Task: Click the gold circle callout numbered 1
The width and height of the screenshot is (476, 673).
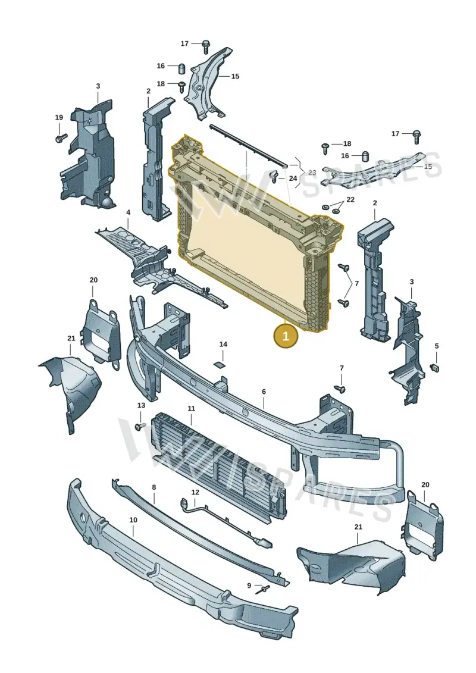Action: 286,335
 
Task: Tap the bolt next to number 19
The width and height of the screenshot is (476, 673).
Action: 61,138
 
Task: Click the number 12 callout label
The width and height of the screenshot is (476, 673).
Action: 195,492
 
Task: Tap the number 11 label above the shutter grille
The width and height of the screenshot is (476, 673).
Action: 191,409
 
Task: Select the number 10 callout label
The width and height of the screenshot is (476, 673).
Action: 133,519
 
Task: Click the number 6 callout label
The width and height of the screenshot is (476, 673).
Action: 264,392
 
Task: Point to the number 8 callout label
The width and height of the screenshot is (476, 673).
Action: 154,487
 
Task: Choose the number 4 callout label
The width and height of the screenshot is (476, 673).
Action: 128,212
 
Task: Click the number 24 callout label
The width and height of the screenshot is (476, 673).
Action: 293,178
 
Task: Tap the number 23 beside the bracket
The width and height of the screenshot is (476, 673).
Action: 312,173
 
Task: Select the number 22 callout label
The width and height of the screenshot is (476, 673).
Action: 350,199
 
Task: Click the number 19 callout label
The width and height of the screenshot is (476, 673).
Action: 59,117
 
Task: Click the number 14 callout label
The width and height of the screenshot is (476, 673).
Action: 223,344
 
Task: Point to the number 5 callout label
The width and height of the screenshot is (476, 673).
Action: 437,346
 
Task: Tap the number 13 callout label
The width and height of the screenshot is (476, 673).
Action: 141,405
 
